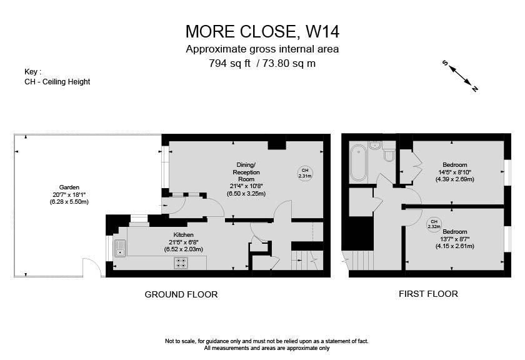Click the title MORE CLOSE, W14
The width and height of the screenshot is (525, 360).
coord(262,31)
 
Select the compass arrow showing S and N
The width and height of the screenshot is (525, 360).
coord(460,76)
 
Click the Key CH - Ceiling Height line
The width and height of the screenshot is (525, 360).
coord(57,81)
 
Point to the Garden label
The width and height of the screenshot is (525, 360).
coord(69,187)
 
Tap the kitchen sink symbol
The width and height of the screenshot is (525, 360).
coord(120,248)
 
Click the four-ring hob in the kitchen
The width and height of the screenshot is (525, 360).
coord(181,262)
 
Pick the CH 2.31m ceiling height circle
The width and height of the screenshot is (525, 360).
coord(305,173)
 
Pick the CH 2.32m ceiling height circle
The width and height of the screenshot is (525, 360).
coord(434,223)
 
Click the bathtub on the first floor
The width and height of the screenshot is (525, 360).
coord(359,162)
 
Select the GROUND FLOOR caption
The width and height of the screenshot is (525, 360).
coord(181,294)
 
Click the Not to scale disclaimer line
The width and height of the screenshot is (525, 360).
coord(266,341)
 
